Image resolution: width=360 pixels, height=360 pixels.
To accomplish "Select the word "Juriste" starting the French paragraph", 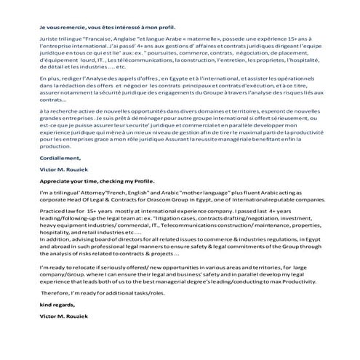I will pyautogui.click(x=51, y=41).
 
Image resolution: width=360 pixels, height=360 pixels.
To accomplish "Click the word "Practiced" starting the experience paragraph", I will pyautogui.click(x=54, y=242).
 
